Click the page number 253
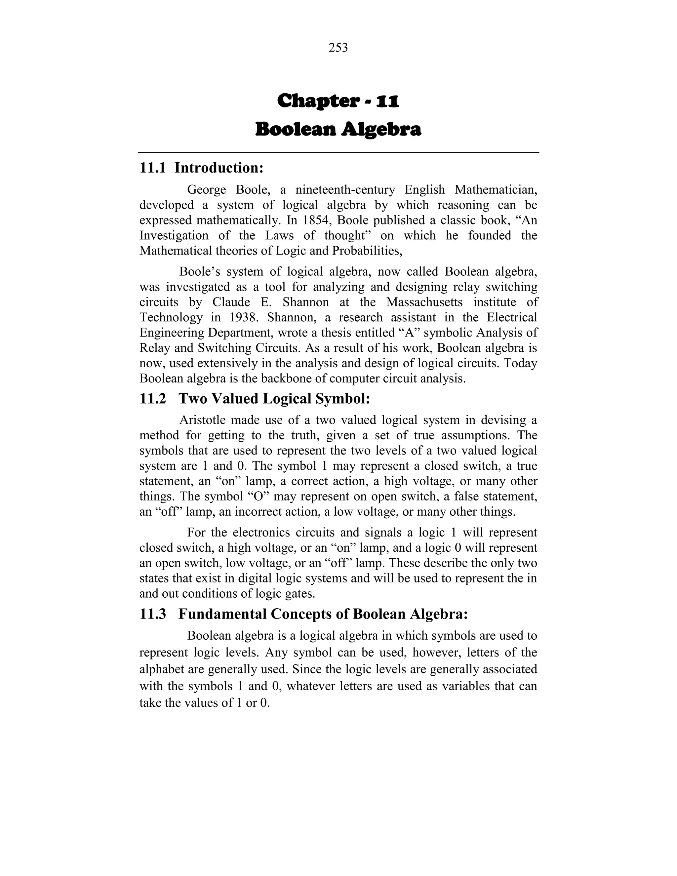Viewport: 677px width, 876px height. point(338,48)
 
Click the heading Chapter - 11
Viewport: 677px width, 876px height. point(338,101)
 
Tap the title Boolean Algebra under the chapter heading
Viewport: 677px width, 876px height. point(338,130)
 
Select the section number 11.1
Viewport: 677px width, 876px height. point(152,168)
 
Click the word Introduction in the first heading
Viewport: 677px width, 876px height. point(219,168)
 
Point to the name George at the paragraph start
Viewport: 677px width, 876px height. point(207,189)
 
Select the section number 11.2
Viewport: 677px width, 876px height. point(152,399)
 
